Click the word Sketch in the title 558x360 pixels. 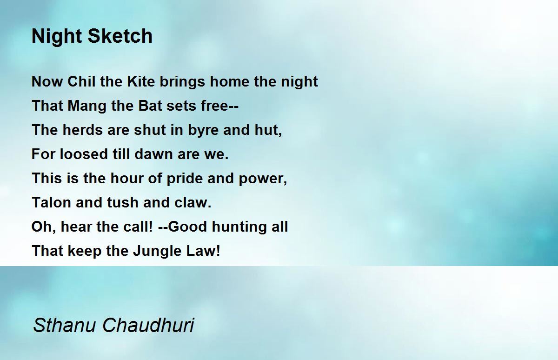click(120, 36)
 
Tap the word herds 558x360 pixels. click(83, 130)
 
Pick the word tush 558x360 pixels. click(123, 202)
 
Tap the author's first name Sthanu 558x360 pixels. click(64, 325)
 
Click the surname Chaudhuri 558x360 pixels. click(148, 325)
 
